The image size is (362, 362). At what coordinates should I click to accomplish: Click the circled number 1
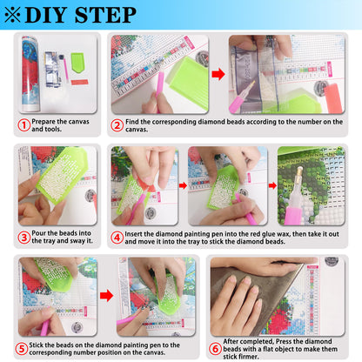(23, 125)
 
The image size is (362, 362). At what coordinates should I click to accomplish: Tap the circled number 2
(117, 125)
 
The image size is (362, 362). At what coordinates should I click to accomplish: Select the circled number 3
(23, 238)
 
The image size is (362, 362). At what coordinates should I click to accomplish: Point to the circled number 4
(117, 238)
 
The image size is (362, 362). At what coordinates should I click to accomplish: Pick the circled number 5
(22, 349)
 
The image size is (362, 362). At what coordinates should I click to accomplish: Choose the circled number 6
(215, 349)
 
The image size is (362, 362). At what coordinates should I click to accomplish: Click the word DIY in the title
(46, 15)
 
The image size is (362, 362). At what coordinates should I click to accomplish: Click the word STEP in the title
(105, 15)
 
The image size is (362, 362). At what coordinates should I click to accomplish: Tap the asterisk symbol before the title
(13, 15)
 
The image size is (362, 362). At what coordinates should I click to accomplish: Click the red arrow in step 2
(218, 74)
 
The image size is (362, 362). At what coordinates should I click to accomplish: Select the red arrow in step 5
(106, 296)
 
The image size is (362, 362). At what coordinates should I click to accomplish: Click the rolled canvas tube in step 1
(30, 74)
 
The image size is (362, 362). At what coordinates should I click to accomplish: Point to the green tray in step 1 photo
(77, 62)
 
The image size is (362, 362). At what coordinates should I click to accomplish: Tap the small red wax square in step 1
(79, 83)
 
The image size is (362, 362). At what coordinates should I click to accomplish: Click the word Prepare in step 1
(44, 122)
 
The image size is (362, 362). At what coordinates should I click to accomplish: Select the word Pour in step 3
(38, 233)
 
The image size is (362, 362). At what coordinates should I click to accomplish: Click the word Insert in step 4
(133, 234)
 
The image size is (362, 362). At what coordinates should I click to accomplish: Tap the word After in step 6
(231, 341)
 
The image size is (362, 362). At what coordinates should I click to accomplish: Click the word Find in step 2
(132, 122)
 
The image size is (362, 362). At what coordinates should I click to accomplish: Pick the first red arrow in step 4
(183, 185)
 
